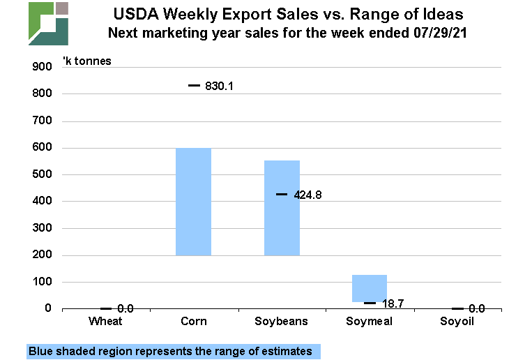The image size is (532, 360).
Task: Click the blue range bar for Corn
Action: [x=193, y=202]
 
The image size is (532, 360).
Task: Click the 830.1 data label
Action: [x=219, y=86]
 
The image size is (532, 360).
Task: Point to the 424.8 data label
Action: [x=307, y=195]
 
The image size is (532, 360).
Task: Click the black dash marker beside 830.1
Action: [x=194, y=86]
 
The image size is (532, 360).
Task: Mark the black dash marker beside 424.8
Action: [x=282, y=194]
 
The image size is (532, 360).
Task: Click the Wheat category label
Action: [x=106, y=321]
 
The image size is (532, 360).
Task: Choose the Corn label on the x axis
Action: [x=193, y=321]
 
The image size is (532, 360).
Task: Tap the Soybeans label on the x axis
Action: [x=282, y=321]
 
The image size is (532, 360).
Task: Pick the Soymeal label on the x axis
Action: [x=369, y=321]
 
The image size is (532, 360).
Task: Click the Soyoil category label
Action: [x=457, y=321]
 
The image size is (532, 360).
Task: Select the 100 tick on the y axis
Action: [x=43, y=282]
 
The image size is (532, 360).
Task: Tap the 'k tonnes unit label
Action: [x=87, y=61]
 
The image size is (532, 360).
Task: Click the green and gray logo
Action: [x=48, y=23]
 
